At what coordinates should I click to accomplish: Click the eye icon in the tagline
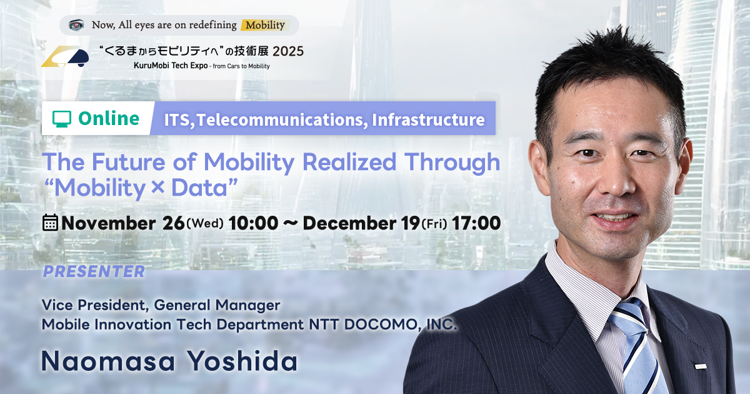(76, 25)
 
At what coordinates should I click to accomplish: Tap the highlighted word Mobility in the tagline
(265, 25)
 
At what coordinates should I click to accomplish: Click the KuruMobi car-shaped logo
(65, 56)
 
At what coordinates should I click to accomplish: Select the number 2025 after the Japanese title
(288, 51)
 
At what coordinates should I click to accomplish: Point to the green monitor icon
(62, 119)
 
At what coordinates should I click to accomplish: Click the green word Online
(109, 119)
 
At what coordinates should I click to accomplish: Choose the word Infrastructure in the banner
(428, 119)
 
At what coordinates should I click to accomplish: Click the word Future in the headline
(129, 162)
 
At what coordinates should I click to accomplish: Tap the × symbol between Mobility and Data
(157, 187)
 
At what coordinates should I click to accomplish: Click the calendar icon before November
(50, 223)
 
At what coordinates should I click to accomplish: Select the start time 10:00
(254, 223)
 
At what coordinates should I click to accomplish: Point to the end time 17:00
(476, 223)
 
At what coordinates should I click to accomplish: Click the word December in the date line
(349, 223)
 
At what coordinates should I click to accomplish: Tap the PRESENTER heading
(94, 271)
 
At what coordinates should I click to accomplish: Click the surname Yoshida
(242, 361)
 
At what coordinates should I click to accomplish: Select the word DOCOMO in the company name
(382, 325)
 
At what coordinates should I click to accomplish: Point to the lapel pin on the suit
(697, 366)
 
